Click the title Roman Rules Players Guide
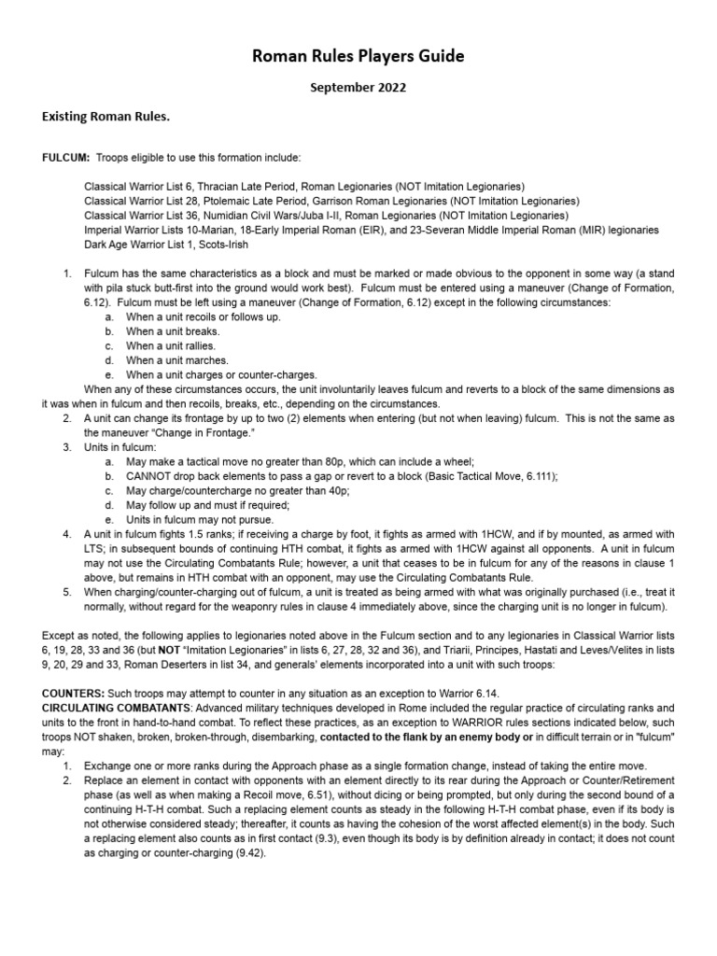(x=358, y=58)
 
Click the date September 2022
(x=358, y=90)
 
